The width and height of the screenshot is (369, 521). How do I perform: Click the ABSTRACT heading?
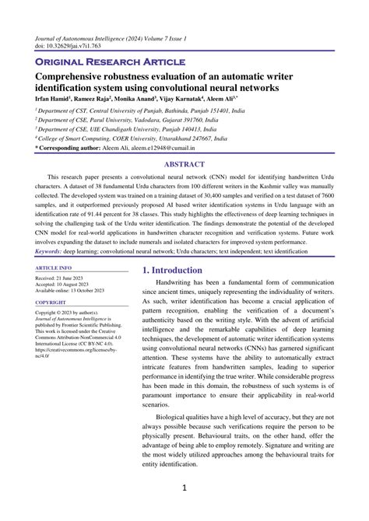click(184, 165)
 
